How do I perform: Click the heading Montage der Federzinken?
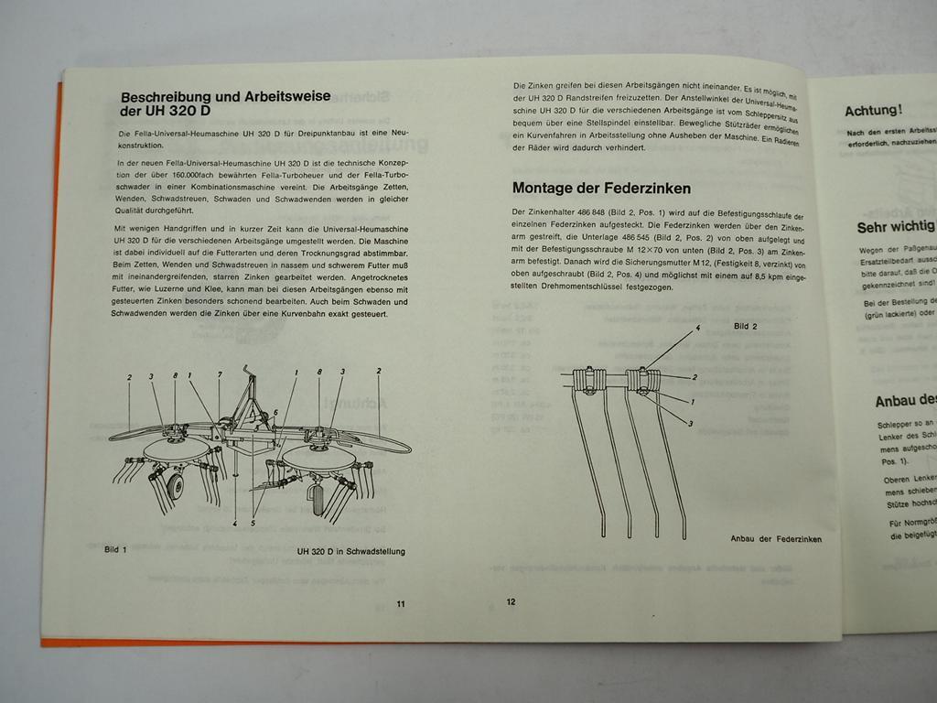(x=601, y=189)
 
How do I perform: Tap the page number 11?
(x=400, y=603)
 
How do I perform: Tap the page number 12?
(x=511, y=601)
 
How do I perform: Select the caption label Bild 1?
(x=115, y=550)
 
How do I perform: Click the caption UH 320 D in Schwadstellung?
(x=350, y=552)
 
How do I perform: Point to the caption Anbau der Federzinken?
(x=776, y=539)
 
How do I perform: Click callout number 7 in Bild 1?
(x=220, y=374)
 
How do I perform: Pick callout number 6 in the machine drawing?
(x=275, y=413)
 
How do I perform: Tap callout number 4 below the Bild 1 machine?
(x=235, y=524)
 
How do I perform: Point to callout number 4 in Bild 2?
(x=697, y=328)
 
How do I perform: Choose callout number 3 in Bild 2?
(x=689, y=423)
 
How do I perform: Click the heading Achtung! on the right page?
(x=873, y=111)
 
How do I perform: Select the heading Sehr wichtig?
(x=895, y=226)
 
